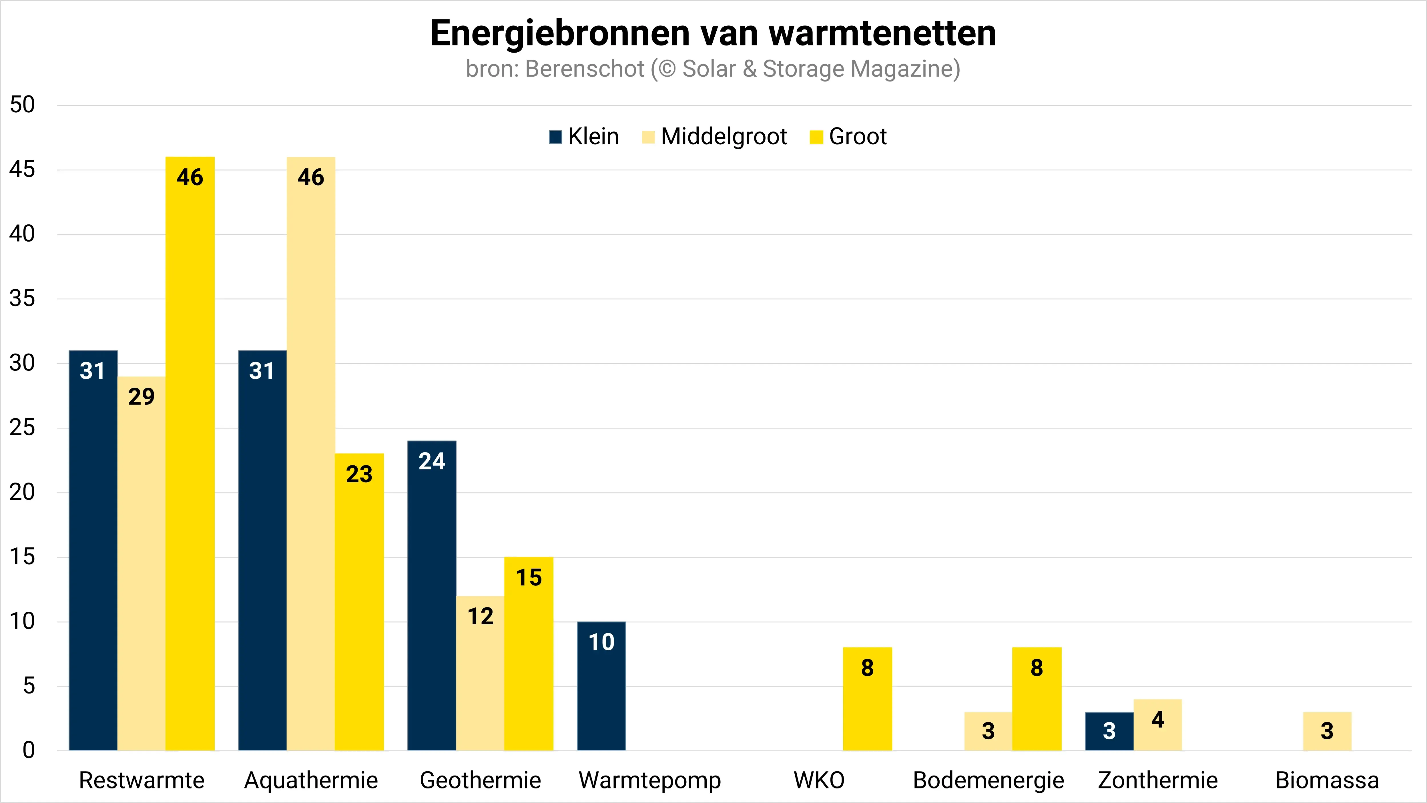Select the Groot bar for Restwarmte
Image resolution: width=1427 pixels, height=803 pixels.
190,454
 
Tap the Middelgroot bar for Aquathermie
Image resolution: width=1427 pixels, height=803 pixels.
311,454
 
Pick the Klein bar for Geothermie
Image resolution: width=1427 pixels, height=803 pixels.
432,596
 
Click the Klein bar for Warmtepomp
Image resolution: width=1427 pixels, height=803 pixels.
601,686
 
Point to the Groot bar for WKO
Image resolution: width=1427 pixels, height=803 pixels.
868,699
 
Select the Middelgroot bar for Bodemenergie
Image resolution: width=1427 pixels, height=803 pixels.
988,732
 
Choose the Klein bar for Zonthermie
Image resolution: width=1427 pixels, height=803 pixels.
1109,732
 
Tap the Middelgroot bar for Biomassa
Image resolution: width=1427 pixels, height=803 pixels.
1327,732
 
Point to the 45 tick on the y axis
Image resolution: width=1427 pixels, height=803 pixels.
22,170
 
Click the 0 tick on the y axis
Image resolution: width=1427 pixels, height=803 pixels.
29,750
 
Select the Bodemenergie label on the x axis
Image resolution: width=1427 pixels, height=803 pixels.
988,780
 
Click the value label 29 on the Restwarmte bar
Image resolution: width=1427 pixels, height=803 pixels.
141,396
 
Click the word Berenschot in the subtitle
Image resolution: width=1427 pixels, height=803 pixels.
584,69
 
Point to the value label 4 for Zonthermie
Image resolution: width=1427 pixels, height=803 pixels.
1158,719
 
